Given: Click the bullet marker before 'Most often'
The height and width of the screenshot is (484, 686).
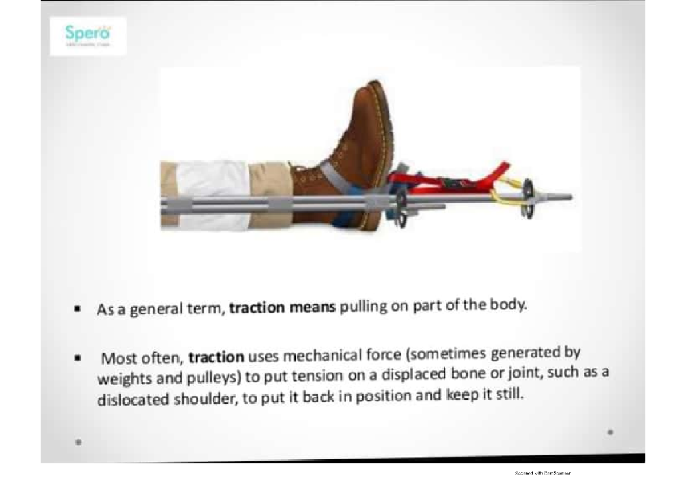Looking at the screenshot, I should point(75,360).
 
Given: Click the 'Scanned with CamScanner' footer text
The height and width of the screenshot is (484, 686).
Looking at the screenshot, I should point(543,474).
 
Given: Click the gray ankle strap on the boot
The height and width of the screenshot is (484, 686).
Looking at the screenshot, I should point(332,171).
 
